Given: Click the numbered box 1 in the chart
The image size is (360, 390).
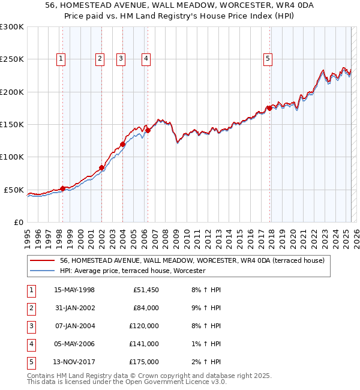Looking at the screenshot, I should pos(62,58).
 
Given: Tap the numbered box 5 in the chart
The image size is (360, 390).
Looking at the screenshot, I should pos(267,58).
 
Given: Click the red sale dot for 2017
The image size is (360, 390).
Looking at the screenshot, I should pos(270,108).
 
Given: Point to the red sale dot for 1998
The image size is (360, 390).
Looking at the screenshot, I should pos(62,188).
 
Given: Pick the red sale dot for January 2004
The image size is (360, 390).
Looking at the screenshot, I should pos(122,144).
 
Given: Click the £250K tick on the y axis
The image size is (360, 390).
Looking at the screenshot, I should pos(12,59).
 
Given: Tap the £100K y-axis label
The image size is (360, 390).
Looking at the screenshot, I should pos(12,157).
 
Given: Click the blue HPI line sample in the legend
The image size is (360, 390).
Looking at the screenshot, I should pos(42,271).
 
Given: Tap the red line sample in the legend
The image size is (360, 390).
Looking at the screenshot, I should pos(42,260).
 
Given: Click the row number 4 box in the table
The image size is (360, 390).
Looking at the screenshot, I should pos(30,344).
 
